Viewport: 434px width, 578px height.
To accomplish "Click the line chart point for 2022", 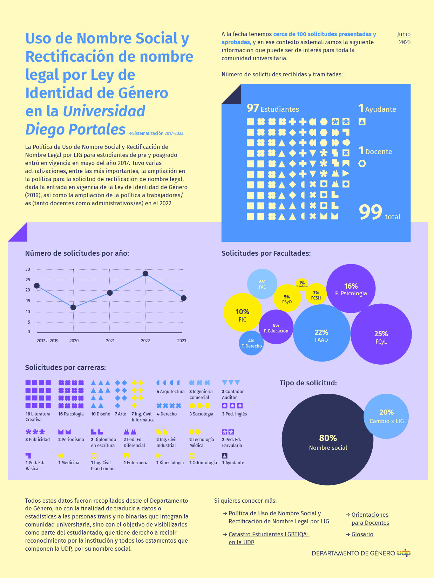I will click(x=145, y=274).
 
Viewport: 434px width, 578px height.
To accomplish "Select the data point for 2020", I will click(x=73, y=307).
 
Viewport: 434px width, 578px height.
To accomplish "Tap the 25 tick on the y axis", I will click(x=28, y=280).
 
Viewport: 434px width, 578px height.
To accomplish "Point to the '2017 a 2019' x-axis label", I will click(x=47, y=341).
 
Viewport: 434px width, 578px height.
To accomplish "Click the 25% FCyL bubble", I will click(x=381, y=334).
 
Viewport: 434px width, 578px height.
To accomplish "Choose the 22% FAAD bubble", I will click(x=321, y=333).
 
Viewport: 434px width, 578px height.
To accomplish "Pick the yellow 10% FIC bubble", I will click(x=242, y=312).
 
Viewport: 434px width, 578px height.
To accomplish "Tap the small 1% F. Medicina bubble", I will click(x=302, y=284).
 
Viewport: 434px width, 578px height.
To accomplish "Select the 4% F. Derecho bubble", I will click(x=251, y=343).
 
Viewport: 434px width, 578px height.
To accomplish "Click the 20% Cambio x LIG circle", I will click(x=386, y=416).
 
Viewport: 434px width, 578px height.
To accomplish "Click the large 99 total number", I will click(x=371, y=212).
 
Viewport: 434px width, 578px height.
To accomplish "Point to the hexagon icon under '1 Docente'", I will click(x=362, y=163).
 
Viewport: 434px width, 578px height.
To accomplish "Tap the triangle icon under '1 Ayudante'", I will click(x=362, y=122).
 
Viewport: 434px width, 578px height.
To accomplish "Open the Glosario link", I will click(x=362, y=534).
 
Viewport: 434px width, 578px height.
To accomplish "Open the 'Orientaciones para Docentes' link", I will click(x=370, y=519).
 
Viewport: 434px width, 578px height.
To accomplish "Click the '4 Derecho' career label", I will click(x=167, y=414).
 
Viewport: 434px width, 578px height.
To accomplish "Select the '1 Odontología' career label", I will click(x=203, y=463).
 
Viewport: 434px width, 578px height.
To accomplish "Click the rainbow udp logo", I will click(x=404, y=553).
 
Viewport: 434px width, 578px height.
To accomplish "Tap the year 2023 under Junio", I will click(x=405, y=42).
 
